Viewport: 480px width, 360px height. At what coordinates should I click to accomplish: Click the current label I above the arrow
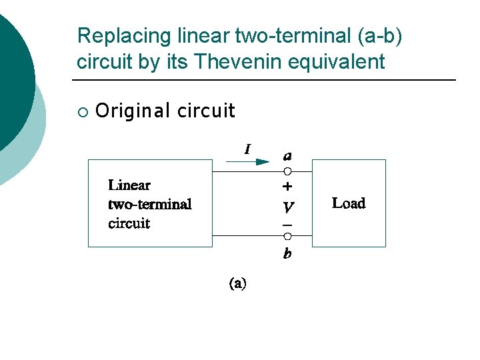(248, 150)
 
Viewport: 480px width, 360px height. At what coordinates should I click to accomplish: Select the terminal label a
(287, 156)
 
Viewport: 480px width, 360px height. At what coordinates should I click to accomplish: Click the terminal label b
(287, 253)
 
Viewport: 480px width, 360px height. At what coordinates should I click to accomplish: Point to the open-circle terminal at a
(287, 171)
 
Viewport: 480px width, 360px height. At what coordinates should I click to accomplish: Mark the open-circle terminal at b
(287, 236)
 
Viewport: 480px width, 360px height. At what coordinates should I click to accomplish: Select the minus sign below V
(287, 225)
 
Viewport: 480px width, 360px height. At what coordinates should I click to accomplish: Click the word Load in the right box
(349, 203)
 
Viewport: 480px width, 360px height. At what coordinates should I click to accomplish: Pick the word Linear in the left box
(129, 185)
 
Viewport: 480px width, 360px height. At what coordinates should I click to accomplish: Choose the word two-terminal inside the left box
(150, 204)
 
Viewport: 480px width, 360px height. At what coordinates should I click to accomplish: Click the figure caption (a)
(238, 284)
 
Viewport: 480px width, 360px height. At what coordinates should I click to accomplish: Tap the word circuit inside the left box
(129, 223)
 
